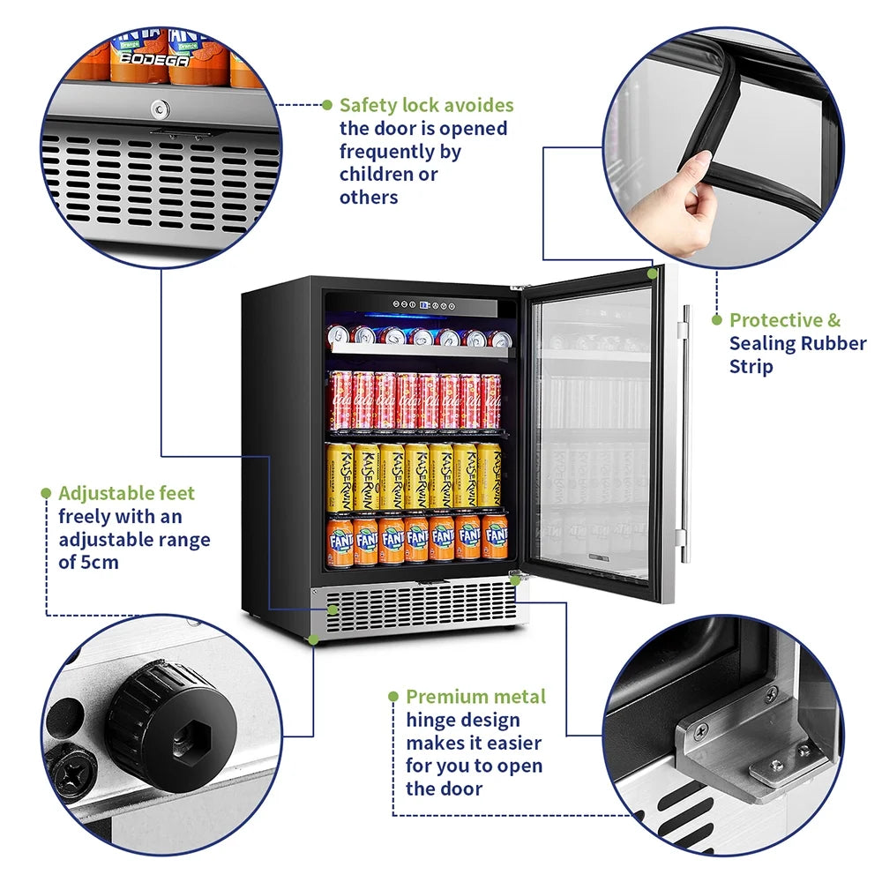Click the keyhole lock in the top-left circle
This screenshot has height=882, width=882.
click(x=159, y=108)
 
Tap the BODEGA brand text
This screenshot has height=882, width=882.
click(x=153, y=60)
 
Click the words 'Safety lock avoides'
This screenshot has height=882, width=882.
click(x=426, y=105)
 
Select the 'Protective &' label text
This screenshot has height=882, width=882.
click(x=785, y=320)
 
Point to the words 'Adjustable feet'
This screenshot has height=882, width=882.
click(x=127, y=493)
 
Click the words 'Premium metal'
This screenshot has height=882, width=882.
click(x=475, y=697)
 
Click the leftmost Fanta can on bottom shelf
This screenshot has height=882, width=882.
click(x=340, y=541)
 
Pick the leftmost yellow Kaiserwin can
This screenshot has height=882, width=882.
click(x=340, y=476)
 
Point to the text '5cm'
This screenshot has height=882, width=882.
click(x=98, y=562)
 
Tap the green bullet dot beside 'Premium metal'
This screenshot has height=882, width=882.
click(x=393, y=697)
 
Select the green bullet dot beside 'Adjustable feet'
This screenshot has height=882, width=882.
click(x=46, y=493)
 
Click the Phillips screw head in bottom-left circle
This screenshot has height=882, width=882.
click(x=69, y=775)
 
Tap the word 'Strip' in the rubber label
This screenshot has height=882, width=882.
click(x=752, y=366)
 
